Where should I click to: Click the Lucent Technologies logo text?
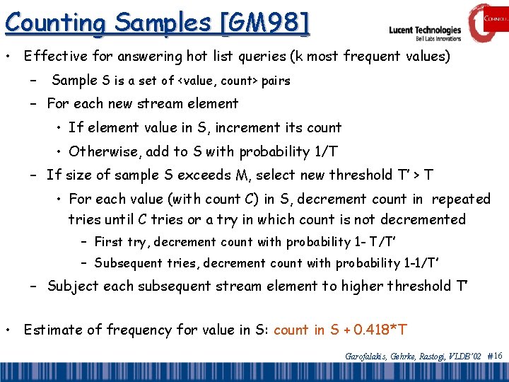pos(425,30)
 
